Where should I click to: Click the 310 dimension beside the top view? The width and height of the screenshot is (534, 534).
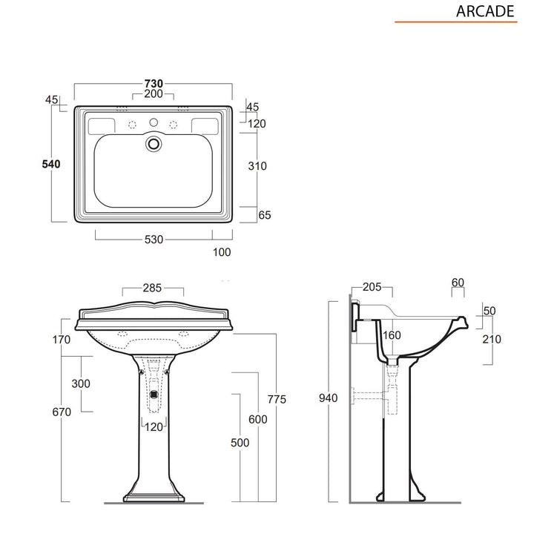pyautogui.click(x=257, y=166)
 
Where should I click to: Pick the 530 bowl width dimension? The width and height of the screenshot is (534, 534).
pyautogui.click(x=154, y=239)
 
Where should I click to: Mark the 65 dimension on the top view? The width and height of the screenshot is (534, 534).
pyautogui.click(x=265, y=215)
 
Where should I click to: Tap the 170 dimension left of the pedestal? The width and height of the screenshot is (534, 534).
pyautogui.click(x=62, y=340)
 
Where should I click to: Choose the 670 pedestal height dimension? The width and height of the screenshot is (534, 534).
pyautogui.click(x=62, y=412)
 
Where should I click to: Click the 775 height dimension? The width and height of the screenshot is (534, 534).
pyautogui.click(x=277, y=400)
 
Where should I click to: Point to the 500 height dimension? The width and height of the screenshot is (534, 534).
pyautogui.click(x=240, y=442)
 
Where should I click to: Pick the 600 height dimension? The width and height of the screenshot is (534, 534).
pyautogui.click(x=257, y=419)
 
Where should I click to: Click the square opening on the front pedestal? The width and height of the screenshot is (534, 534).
pyautogui.click(x=154, y=394)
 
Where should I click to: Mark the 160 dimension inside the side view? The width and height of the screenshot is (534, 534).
pyautogui.click(x=392, y=335)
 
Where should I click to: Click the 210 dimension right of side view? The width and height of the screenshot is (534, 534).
pyautogui.click(x=491, y=339)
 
